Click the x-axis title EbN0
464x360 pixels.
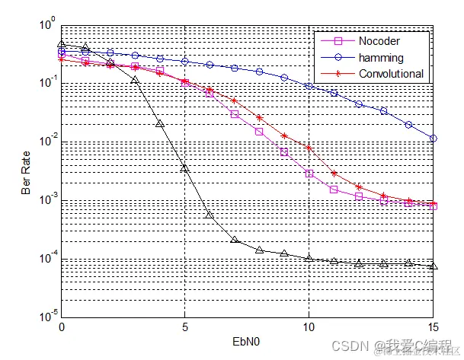pos(248,343)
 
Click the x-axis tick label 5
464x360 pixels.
pos(185,327)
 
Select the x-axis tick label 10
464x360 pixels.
pos(309,327)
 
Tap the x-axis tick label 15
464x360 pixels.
pos(432,327)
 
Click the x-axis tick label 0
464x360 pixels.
pos(62,327)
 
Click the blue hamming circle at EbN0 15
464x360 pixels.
pos(433,139)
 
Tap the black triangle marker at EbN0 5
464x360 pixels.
pos(185,167)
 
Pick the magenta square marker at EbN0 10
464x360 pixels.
pos(309,174)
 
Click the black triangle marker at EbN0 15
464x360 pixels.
pos(433,266)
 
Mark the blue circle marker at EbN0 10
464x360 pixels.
pos(309,86)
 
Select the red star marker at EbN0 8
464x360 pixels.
pos(260,117)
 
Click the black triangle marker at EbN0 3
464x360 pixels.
pos(136,80)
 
